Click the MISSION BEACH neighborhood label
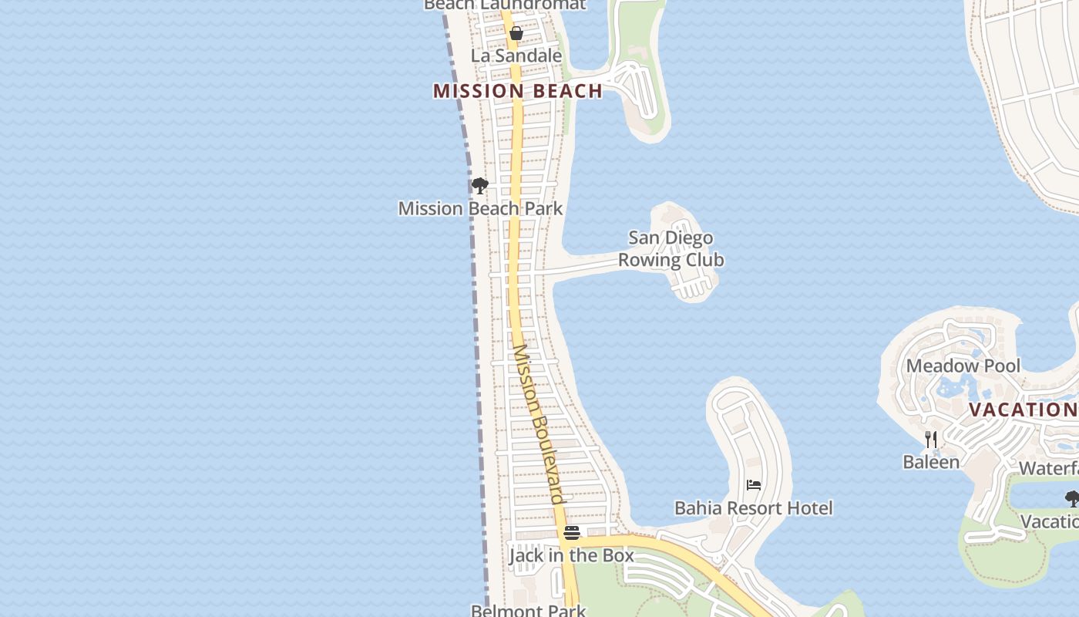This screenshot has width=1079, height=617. pos(517,91)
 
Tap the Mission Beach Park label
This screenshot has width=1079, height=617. pos(480,208)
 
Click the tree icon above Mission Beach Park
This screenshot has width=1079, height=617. pos(479,186)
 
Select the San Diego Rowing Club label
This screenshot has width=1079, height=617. pos(671,248)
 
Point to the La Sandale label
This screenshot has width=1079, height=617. pos(516,56)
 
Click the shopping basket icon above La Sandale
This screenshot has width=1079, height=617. pos(516,33)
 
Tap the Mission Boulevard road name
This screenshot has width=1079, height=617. pos(539,424)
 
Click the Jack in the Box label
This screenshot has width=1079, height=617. pos(571,555)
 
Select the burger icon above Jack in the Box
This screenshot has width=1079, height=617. pos(571,533)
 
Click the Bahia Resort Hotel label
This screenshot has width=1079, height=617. pos(753,507)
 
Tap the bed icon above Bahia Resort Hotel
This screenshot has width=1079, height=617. pos(754,485)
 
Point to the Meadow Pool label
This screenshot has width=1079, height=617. pos(963,366)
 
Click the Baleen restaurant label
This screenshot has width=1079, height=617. pos(931,462)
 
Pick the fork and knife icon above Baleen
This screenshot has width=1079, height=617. pos(931,440)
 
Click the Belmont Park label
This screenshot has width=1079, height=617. pos(529,611)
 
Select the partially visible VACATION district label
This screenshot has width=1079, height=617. pos(1023,410)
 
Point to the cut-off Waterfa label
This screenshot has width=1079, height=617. pos(1048,468)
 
